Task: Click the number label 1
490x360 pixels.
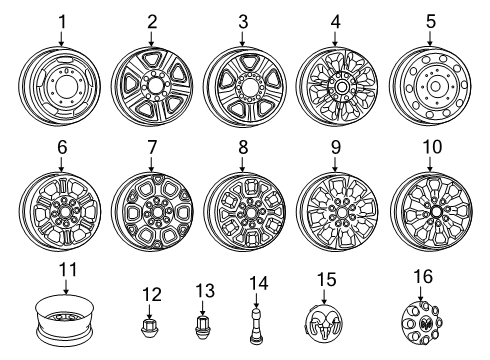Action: pyautogui.click(x=61, y=20)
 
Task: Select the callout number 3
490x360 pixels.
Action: pyautogui.click(x=242, y=20)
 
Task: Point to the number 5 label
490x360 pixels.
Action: pyautogui.click(x=431, y=20)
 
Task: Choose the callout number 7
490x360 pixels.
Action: pyautogui.click(x=152, y=149)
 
